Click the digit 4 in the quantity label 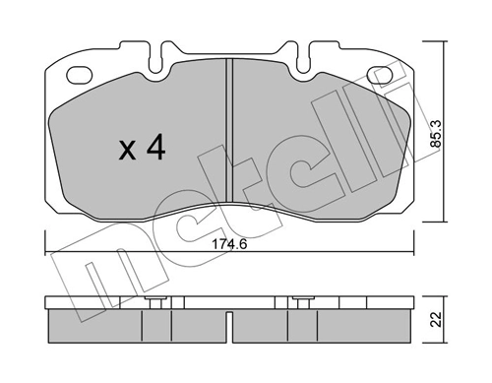[x=154, y=150]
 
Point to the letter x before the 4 [x=127, y=153]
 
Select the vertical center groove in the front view [x=228, y=138]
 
